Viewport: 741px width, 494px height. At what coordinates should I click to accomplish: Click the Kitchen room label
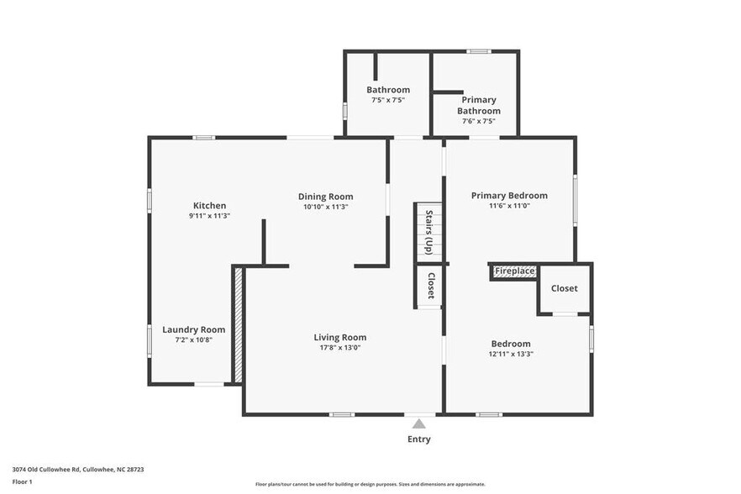click(209, 206)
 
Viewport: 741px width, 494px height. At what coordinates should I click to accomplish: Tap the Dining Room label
click(325, 197)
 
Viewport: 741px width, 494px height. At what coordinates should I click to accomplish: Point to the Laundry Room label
click(193, 329)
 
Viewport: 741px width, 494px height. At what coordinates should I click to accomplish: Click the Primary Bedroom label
click(509, 195)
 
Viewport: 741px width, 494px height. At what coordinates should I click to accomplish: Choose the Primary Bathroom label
click(478, 105)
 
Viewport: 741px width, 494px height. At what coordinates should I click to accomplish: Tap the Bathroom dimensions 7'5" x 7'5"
click(388, 100)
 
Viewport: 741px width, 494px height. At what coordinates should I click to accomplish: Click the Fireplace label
click(514, 271)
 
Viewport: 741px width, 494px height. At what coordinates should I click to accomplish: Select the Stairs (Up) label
click(428, 232)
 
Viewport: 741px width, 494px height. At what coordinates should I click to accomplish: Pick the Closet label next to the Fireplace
click(564, 288)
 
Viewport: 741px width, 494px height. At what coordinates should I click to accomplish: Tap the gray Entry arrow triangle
click(419, 424)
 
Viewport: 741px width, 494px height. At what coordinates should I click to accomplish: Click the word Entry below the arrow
click(419, 439)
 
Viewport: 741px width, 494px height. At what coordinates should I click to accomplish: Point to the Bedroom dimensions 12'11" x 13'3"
click(511, 354)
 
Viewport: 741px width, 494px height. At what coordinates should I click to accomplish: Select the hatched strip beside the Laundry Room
click(238, 324)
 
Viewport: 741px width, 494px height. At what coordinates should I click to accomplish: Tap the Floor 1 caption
click(23, 481)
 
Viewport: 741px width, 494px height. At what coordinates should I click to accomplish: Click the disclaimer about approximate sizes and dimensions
click(370, 484)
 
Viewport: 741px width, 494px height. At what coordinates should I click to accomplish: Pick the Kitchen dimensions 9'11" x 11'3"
click(209, 216)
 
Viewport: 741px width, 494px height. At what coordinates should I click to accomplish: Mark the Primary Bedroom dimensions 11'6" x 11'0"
click(509, 205)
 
